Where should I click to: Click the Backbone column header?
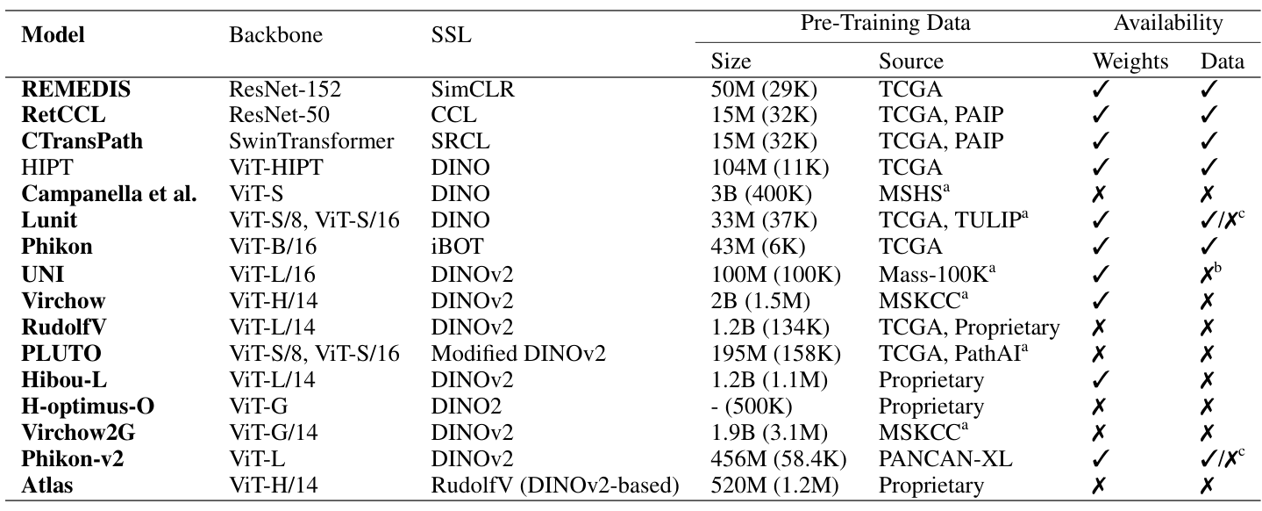(275, 35)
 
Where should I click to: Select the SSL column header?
(451, 35)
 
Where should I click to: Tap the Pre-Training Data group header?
(885, 24)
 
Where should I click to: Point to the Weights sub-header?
(1130, 61)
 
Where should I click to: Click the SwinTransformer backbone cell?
(311, 140)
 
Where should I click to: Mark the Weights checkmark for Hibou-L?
(1102, 380)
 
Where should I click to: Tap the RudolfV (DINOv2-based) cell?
(555, 486)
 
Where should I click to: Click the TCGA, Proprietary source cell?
(969, 327)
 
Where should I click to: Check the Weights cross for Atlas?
(1102, 486)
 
